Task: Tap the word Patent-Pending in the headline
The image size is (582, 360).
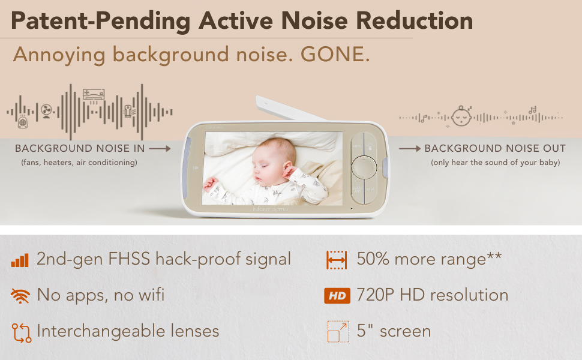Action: click(101, 21)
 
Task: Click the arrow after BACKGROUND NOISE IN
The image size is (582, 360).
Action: click(160, 149)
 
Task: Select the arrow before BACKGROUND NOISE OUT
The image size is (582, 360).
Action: click(410, 149)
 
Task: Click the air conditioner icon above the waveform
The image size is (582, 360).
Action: click(94, 95)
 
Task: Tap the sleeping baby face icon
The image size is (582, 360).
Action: click(462, 116)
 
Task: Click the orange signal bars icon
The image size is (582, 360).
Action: click(20, 260)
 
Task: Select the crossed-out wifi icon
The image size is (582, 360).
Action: click(20, 296)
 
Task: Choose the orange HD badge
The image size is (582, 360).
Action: click(337, 296)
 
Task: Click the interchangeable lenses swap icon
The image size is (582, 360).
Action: click(22, 332)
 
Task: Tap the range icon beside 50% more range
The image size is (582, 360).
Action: click(337, 260)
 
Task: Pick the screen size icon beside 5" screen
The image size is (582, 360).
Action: click(338, 331)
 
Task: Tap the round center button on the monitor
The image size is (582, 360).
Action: click(364, 167)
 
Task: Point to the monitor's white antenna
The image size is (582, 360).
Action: click(290, 109)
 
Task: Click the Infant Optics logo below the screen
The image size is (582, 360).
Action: click(270, 209)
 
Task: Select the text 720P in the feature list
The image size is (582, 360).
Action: click(375, 295)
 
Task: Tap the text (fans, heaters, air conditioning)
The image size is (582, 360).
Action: click(79, 163)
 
